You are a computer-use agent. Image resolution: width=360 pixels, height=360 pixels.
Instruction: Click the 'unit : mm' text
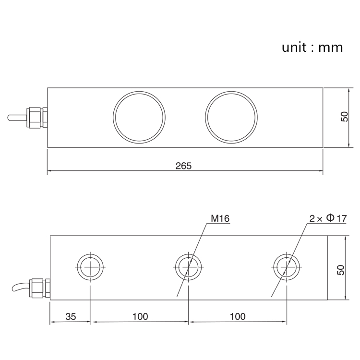coord(312,47)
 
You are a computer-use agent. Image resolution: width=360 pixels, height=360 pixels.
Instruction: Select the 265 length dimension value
coord(183,166)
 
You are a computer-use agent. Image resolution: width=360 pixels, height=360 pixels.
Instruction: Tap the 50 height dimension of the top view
coord(344,117)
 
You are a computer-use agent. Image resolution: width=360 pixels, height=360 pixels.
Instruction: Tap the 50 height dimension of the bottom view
coord(341,269)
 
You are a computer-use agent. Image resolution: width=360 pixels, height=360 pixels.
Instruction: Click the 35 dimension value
coord(71,316)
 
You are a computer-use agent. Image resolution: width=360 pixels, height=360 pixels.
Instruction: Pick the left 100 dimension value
coord(140,316)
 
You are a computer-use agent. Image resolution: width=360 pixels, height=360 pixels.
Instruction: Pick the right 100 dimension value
coord(238,316)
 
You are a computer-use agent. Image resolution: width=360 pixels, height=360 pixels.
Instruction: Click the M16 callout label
coord(220,219)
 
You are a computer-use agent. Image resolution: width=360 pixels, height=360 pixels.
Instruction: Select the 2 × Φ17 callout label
coord(328,218)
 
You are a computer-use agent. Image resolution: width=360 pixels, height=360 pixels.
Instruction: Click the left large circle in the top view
coord(139,117)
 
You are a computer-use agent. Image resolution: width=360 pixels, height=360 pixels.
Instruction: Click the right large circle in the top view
coord(231,117)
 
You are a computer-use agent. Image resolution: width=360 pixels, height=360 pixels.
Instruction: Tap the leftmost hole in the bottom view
coord(90,266)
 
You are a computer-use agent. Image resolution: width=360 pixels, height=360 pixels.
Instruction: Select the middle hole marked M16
coord(188,266)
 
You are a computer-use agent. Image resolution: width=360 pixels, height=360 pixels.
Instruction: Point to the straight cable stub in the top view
coord(17,117)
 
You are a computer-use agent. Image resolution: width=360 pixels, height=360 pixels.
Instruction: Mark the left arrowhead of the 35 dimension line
coord(53,322)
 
